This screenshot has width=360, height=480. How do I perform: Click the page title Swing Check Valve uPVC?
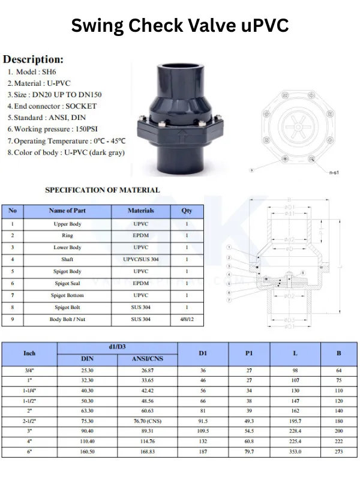[x=180, y=26]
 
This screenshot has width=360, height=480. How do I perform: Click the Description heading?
[x=34, y=60]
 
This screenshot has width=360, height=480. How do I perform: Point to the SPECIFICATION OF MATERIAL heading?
[x=103, y=190]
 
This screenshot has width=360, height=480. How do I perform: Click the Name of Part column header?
[x=67, y=211]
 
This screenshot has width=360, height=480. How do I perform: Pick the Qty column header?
[x=187, y=211]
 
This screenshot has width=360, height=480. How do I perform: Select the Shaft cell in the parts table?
[x=67, y=259]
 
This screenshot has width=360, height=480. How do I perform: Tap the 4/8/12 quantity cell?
[x=187, y=320]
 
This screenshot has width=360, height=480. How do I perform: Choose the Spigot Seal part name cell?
[x=67, y=283]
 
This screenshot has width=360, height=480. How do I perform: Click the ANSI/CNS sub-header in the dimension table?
[x=147, y=359]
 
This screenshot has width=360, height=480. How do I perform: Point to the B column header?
[x=338, y=353]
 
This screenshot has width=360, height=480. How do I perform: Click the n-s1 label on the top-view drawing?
[x=334, y=172]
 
